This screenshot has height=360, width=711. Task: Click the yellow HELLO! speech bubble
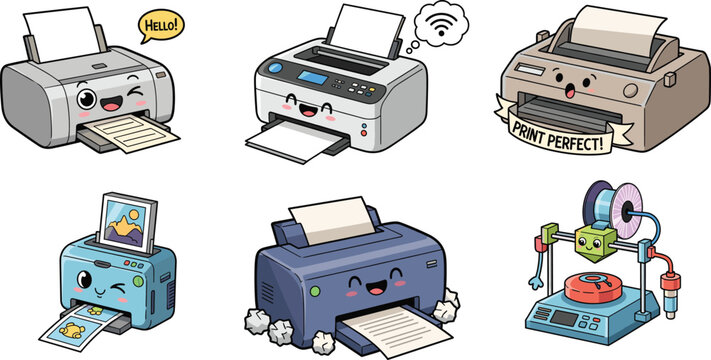161,26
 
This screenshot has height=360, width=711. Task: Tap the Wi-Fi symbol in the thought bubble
440,26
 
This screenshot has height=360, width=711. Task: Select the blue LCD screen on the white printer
312,77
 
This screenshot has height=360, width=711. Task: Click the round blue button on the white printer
275,68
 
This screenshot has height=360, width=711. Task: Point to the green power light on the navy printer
315,291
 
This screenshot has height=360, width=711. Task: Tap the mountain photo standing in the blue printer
127,222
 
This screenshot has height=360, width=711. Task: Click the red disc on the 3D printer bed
593,288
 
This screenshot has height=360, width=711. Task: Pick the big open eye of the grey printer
87,98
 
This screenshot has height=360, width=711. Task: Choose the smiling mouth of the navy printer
376,287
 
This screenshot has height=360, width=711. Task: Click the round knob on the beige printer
630,91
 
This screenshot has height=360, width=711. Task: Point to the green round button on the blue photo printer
138,282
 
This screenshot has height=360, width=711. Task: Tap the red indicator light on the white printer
364,133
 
